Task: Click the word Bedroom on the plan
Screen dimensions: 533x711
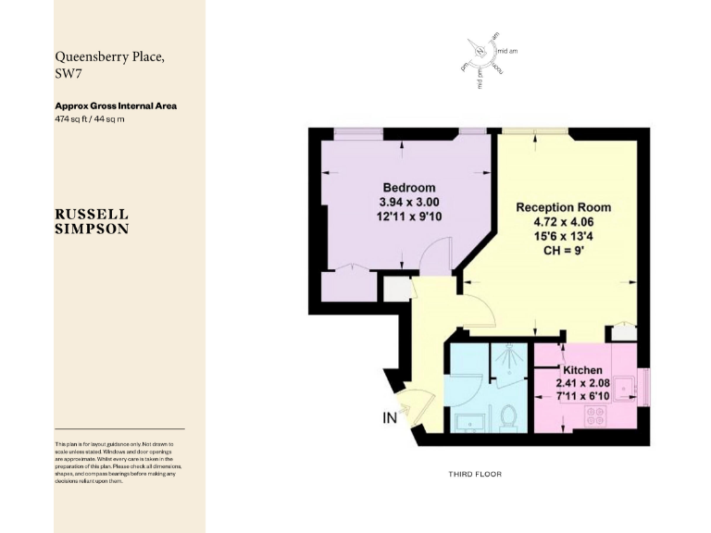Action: (x=408, y=188)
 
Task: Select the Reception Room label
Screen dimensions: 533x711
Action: (x=563, y=207)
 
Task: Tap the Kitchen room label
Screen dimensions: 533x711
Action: (x=582, y=370)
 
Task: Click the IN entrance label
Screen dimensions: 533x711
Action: (x=390, y=418)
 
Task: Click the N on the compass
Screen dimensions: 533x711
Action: (x=480, y=48)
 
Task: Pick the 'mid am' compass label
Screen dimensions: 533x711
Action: (x=507, y=50)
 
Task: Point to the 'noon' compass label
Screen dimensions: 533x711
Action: (x=498, y=68)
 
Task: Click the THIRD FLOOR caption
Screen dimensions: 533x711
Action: (x=475, y=474)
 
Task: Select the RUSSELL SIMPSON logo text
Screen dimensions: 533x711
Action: (x=92, y=221)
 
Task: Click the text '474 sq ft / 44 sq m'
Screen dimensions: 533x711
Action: (x=90, y=118)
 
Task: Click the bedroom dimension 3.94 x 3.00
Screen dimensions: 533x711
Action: (x=408, y=202)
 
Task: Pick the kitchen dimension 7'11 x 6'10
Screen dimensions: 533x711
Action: (x=582, y=396)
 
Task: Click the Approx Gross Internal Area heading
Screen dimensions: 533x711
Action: (x=116, y=105)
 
